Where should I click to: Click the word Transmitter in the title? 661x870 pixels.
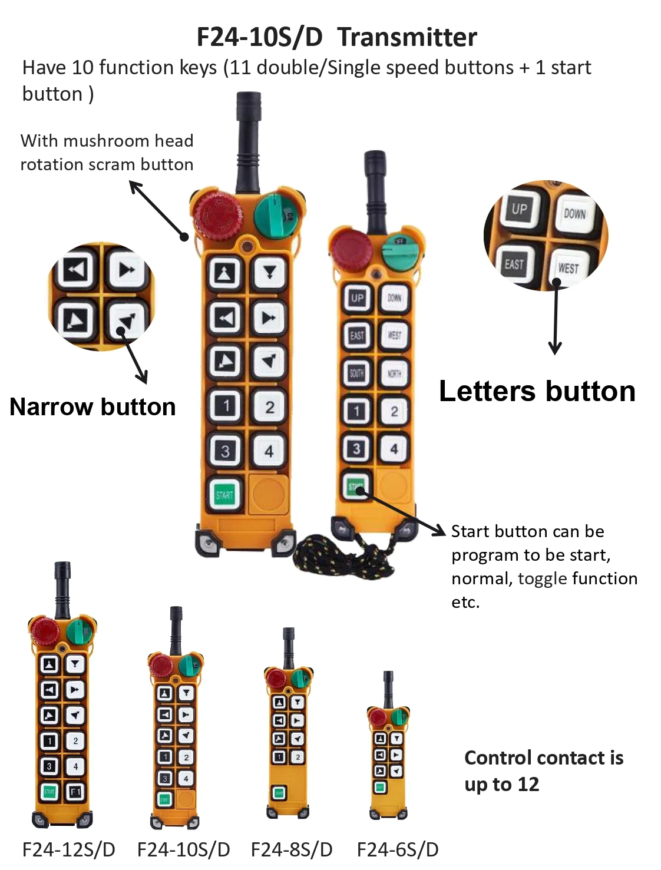407,37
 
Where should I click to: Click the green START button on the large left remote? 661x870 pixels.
224,495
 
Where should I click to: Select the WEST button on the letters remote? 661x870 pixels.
394,336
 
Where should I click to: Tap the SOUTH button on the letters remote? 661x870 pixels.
356,373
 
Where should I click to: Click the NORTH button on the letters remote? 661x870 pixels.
394,373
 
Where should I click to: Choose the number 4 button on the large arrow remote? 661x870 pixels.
269,451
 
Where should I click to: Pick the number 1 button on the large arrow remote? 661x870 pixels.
226,406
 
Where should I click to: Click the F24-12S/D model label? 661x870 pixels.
68,849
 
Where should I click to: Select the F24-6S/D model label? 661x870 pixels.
398,849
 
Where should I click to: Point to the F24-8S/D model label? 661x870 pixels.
292,849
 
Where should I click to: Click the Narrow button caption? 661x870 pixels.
92,407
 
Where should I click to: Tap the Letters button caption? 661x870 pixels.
537,392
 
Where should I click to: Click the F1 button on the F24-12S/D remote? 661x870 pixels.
75,792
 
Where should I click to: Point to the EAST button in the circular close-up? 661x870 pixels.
514,264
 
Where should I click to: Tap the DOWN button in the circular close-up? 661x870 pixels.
574,213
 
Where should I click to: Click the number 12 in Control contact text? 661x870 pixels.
528,785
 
